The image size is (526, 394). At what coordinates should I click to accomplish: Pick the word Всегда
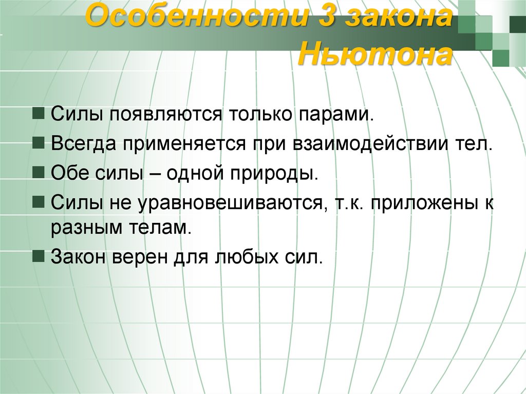[83, 143]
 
